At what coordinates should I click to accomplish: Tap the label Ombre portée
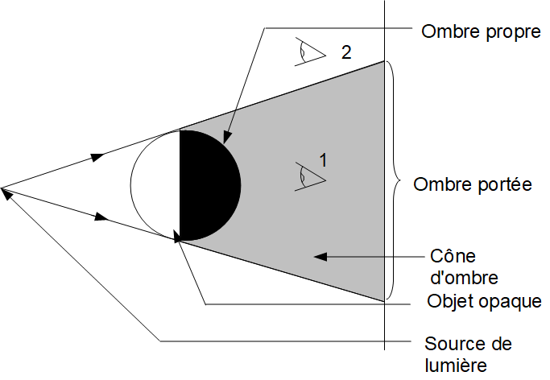pos(473,184)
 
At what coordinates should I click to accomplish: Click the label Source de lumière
pos(467,354)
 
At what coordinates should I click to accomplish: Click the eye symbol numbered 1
pos(310,176)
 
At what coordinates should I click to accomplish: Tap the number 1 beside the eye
pos(324,161)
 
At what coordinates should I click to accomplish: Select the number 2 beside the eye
pos(345,53)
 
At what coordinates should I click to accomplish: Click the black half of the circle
pos(208,186)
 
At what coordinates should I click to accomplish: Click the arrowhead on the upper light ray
pos(98,155)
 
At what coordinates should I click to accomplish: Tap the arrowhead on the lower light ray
pos(102,217)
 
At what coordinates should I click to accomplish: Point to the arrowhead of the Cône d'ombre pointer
pos(319,257)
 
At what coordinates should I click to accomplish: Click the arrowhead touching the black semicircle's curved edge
pos(228,139)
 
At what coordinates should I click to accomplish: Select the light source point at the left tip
pos(3,189)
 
